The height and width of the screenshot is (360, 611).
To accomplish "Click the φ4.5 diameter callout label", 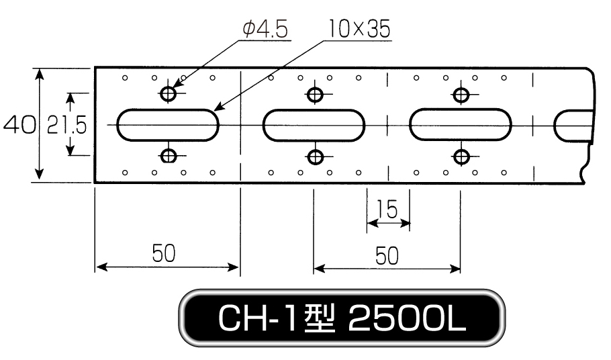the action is coord(265,30).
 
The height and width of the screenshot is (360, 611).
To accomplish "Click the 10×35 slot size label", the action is coord(359,28).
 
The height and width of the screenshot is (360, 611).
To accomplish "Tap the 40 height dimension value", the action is coord(19,125).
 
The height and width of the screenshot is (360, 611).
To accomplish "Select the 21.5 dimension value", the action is coord(66,126).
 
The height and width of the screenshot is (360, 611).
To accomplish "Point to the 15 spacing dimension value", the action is coord(387,210).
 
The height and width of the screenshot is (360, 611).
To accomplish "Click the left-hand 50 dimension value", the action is coord(164,253).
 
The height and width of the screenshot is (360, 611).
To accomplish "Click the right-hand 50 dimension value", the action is coord(387,256).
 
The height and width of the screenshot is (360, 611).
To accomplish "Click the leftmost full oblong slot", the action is coord(168,125).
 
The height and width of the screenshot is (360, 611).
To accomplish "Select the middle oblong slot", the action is coord(314,125).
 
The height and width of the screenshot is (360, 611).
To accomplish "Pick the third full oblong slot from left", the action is coord(460,124).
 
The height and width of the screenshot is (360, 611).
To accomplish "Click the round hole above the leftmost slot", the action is coord(169,93).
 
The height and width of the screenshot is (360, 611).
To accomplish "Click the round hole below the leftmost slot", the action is coord(169,156).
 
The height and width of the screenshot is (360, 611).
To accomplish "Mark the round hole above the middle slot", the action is coord(315,94).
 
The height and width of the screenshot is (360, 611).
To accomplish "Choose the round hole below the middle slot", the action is coord(316,157).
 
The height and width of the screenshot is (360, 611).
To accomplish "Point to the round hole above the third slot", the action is coord(461,94).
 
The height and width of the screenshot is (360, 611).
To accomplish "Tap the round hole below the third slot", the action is coord(462,157).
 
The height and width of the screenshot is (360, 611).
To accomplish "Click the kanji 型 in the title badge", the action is coord(320,318).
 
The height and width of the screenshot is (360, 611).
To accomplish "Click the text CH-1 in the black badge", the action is coord(258,318).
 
